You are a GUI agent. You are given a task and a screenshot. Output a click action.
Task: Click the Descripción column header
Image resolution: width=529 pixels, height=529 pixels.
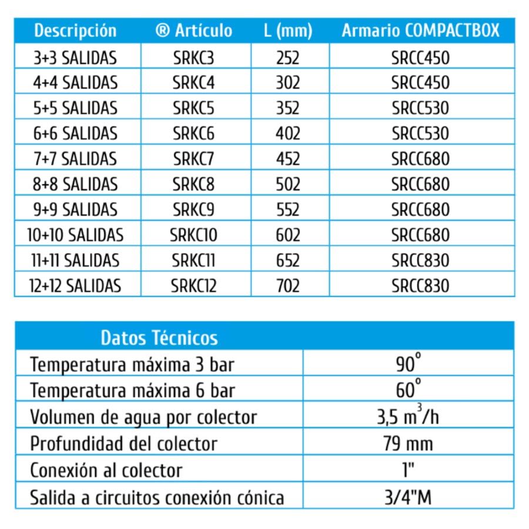pos(75,31)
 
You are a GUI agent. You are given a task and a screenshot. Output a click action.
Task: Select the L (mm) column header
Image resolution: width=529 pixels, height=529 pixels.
pos(288,31)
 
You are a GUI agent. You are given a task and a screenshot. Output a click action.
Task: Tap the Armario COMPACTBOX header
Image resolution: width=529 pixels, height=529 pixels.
pos(420,31)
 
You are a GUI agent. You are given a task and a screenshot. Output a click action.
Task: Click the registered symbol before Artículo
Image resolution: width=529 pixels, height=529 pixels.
pos(163,31)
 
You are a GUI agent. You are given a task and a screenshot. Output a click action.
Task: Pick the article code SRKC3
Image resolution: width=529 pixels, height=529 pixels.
pos(194,58)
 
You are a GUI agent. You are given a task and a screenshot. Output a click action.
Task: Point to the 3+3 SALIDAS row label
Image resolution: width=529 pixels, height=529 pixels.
pos(75,58)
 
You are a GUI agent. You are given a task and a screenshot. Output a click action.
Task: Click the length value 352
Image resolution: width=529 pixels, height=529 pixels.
pos(288,108)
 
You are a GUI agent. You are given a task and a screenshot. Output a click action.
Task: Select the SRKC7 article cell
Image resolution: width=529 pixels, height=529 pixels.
pos(194,159)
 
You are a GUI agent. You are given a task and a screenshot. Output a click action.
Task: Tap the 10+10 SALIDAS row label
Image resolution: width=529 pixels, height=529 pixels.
pos(75,235)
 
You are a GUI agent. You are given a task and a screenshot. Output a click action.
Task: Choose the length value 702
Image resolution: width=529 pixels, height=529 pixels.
pos(288,286)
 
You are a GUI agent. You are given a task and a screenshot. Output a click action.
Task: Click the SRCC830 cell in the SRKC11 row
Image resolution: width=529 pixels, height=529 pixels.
pos(420,260)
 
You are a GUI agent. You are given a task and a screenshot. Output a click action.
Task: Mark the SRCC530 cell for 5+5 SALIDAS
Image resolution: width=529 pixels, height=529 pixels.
pos(420,108)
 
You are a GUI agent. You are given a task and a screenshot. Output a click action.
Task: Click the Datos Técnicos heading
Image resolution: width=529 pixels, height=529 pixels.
pos(159,338)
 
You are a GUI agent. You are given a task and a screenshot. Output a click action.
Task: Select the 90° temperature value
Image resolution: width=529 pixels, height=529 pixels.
pos(409,364)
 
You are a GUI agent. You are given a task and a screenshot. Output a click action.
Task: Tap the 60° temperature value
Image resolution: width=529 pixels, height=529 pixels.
pos(409,390)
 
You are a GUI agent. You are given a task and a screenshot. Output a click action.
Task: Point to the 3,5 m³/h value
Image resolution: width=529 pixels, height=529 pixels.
pos(409,417)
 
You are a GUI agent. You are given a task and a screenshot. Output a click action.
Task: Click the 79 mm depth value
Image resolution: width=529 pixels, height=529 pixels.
pos(409,443)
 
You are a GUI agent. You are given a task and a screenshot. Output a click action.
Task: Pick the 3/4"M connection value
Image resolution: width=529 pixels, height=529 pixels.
pos(409,498)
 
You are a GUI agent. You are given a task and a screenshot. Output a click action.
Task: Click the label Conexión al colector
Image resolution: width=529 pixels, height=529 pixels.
pos(106,470)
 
